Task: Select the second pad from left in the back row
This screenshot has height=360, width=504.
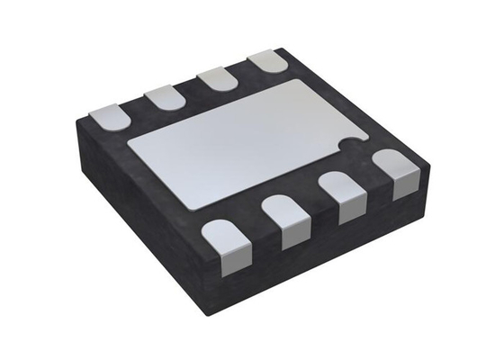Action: (x=162, y=97)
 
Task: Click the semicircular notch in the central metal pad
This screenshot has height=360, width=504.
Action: (x=352, y=143)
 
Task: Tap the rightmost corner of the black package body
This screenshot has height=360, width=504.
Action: (x=422, y=162)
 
